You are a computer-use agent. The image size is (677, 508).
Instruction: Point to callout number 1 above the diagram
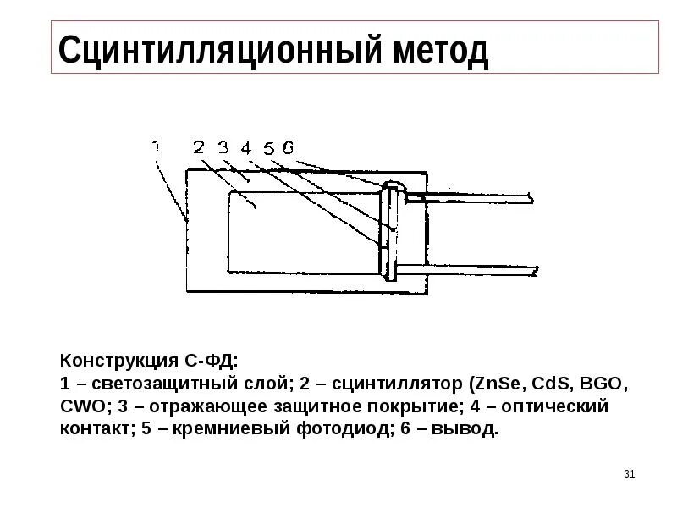point(156,146)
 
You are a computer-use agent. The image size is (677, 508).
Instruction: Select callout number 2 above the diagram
point(198,146)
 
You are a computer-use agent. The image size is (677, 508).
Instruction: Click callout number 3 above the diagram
point(223,147)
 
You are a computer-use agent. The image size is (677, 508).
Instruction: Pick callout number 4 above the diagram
point(245,148)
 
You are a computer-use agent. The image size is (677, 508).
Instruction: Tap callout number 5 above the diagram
point(268,148)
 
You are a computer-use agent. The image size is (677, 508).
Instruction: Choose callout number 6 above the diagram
point(288,147)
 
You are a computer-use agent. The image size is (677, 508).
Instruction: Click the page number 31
point(628,473)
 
